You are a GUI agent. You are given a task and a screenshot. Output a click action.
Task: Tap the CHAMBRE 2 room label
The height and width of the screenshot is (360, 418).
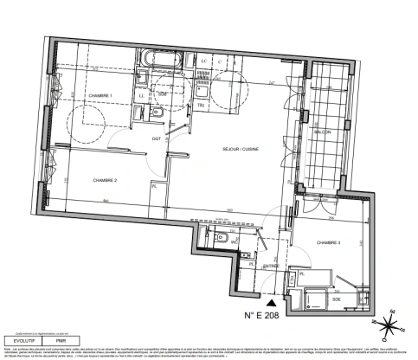(x=105, y=179)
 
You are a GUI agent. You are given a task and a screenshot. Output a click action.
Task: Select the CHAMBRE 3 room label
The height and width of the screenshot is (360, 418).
(x=329, y=244)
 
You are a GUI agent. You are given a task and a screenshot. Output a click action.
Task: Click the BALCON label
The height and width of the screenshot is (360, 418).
(x=323, y=132)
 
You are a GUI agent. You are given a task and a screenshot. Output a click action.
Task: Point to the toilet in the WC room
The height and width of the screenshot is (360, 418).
(x=222, y=240)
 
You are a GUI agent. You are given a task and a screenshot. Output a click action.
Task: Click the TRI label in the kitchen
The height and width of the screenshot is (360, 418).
(x=201, y=105)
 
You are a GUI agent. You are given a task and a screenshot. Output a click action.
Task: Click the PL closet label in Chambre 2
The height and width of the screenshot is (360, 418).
(x=155, y=185)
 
